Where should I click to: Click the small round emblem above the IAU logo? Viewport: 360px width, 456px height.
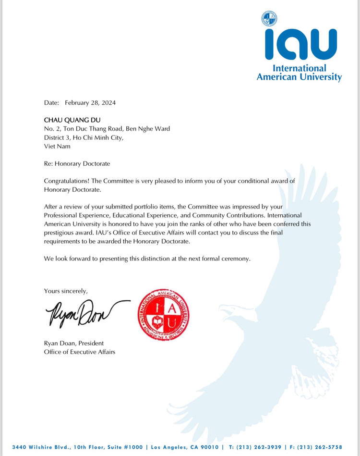[269, 18]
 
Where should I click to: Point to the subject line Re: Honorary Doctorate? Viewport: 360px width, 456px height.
[77, 163]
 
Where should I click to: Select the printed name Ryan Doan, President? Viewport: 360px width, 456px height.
[73, 343]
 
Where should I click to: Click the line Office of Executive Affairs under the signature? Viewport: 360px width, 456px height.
[79, 352]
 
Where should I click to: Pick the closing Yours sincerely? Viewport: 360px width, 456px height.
[66, 291]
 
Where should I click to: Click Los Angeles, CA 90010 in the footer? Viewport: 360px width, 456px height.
[185, 447]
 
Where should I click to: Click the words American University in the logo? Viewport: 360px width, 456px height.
[299, 77]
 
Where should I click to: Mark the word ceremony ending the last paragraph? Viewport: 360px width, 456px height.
[234, 259]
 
